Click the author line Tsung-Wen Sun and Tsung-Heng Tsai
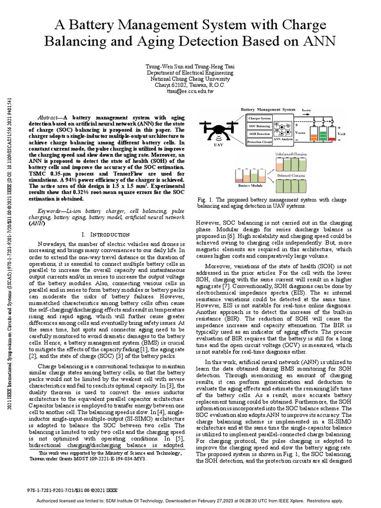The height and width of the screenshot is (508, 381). [x=190, y=66]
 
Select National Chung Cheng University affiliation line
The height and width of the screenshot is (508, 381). [x=190, y=78]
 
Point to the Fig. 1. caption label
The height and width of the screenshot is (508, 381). [x=204, y=199]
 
